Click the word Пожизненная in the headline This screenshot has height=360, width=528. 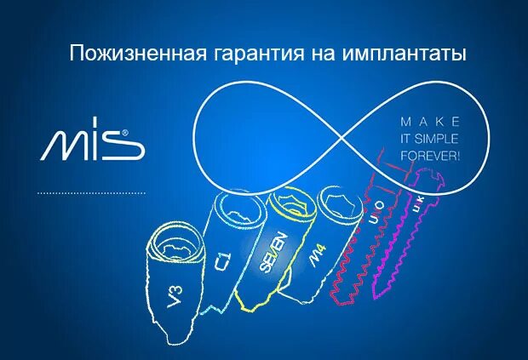click(134, 54)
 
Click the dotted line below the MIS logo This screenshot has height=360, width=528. click(91, 193)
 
